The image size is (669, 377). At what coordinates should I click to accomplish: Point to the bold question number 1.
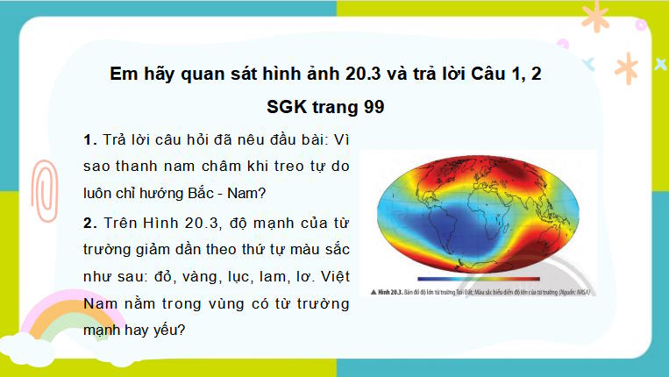pyautogui.click(x=89, y=140)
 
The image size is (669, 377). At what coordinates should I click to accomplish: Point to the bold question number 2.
pyautogui.click(x=89, y=222)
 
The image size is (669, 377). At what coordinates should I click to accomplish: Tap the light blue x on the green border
pyautogui.click(x=588, y=62)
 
